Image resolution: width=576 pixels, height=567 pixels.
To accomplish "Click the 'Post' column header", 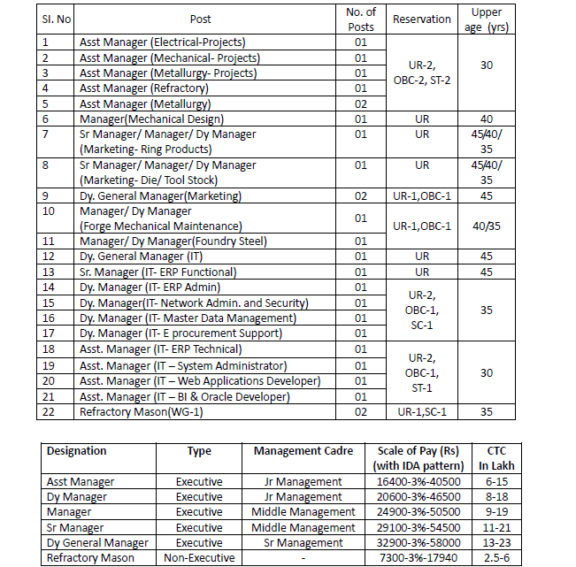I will click(x=201, y=19).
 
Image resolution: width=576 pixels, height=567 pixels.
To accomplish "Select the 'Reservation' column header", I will click(x=421, y=19).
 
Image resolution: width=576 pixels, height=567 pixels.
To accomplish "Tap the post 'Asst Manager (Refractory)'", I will click(x=144, y=88).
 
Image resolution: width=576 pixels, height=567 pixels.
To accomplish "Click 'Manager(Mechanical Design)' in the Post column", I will click(x=151, y=119).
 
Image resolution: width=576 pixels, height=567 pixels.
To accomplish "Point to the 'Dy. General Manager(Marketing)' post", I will click(x=159, y=195).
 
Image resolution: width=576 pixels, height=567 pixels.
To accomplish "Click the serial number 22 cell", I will click(x=52, y=410).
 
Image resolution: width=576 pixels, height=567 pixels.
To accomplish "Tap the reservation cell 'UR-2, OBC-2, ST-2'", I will click(x=421, y=73).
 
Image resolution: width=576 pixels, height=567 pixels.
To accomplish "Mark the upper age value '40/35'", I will click(x=487, y=226).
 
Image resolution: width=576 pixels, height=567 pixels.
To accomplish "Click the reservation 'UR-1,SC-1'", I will click(x=421, y=410).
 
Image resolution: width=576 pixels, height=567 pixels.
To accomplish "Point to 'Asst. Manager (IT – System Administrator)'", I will click(x=182, y=365).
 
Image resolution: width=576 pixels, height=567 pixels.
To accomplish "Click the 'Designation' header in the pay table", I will click(x=77, y=451).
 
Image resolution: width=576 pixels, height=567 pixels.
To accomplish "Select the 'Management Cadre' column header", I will click(x=303, y=451).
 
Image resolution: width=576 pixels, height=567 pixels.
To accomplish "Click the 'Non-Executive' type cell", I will click(x=199, y=558).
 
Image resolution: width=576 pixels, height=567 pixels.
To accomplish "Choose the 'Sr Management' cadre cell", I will click(x=303, y=543).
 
